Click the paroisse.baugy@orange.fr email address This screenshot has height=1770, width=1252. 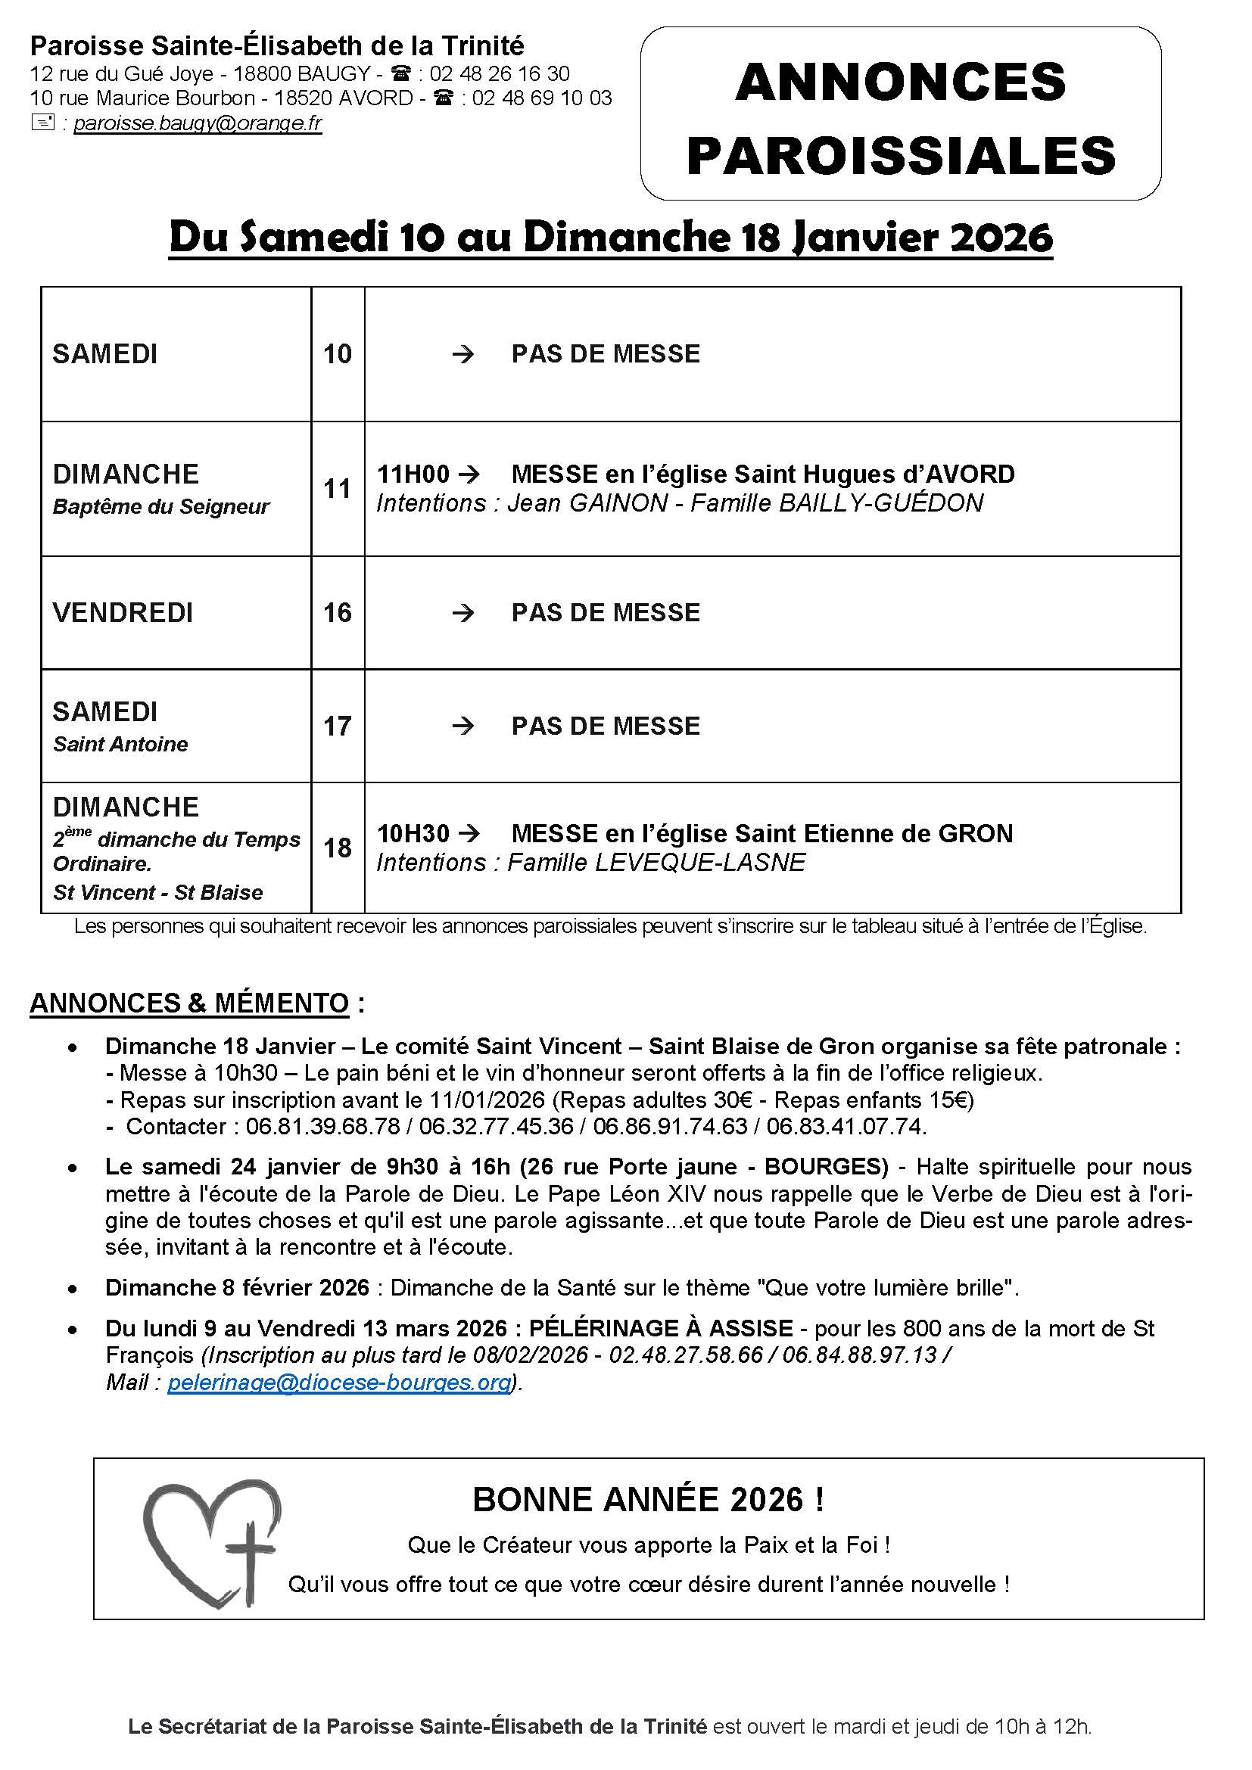click(x=198, y=124)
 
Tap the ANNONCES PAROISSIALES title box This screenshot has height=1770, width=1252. click(x=901, y=114)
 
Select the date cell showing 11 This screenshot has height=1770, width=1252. click(x=338, y=489)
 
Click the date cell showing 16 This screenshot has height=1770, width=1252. click(x=338, y=613)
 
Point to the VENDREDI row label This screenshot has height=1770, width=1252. click(x=123, y=613)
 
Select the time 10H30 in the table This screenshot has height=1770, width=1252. click(x=413, y=833)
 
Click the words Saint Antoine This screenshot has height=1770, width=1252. click(x=120, y=744)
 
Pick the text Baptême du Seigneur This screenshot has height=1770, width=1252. click(x=161, y=506)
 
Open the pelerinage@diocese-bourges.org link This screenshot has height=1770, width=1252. click(x=339, y=1383)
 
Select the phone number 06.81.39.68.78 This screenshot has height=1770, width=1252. click(x=322, y=1126)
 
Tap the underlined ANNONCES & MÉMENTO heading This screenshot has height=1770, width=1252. click(x=190, y=1003)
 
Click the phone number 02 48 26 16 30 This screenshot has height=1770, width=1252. click(x=500, y=74)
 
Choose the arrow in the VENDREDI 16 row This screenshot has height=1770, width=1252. click(x=462, y=613)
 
